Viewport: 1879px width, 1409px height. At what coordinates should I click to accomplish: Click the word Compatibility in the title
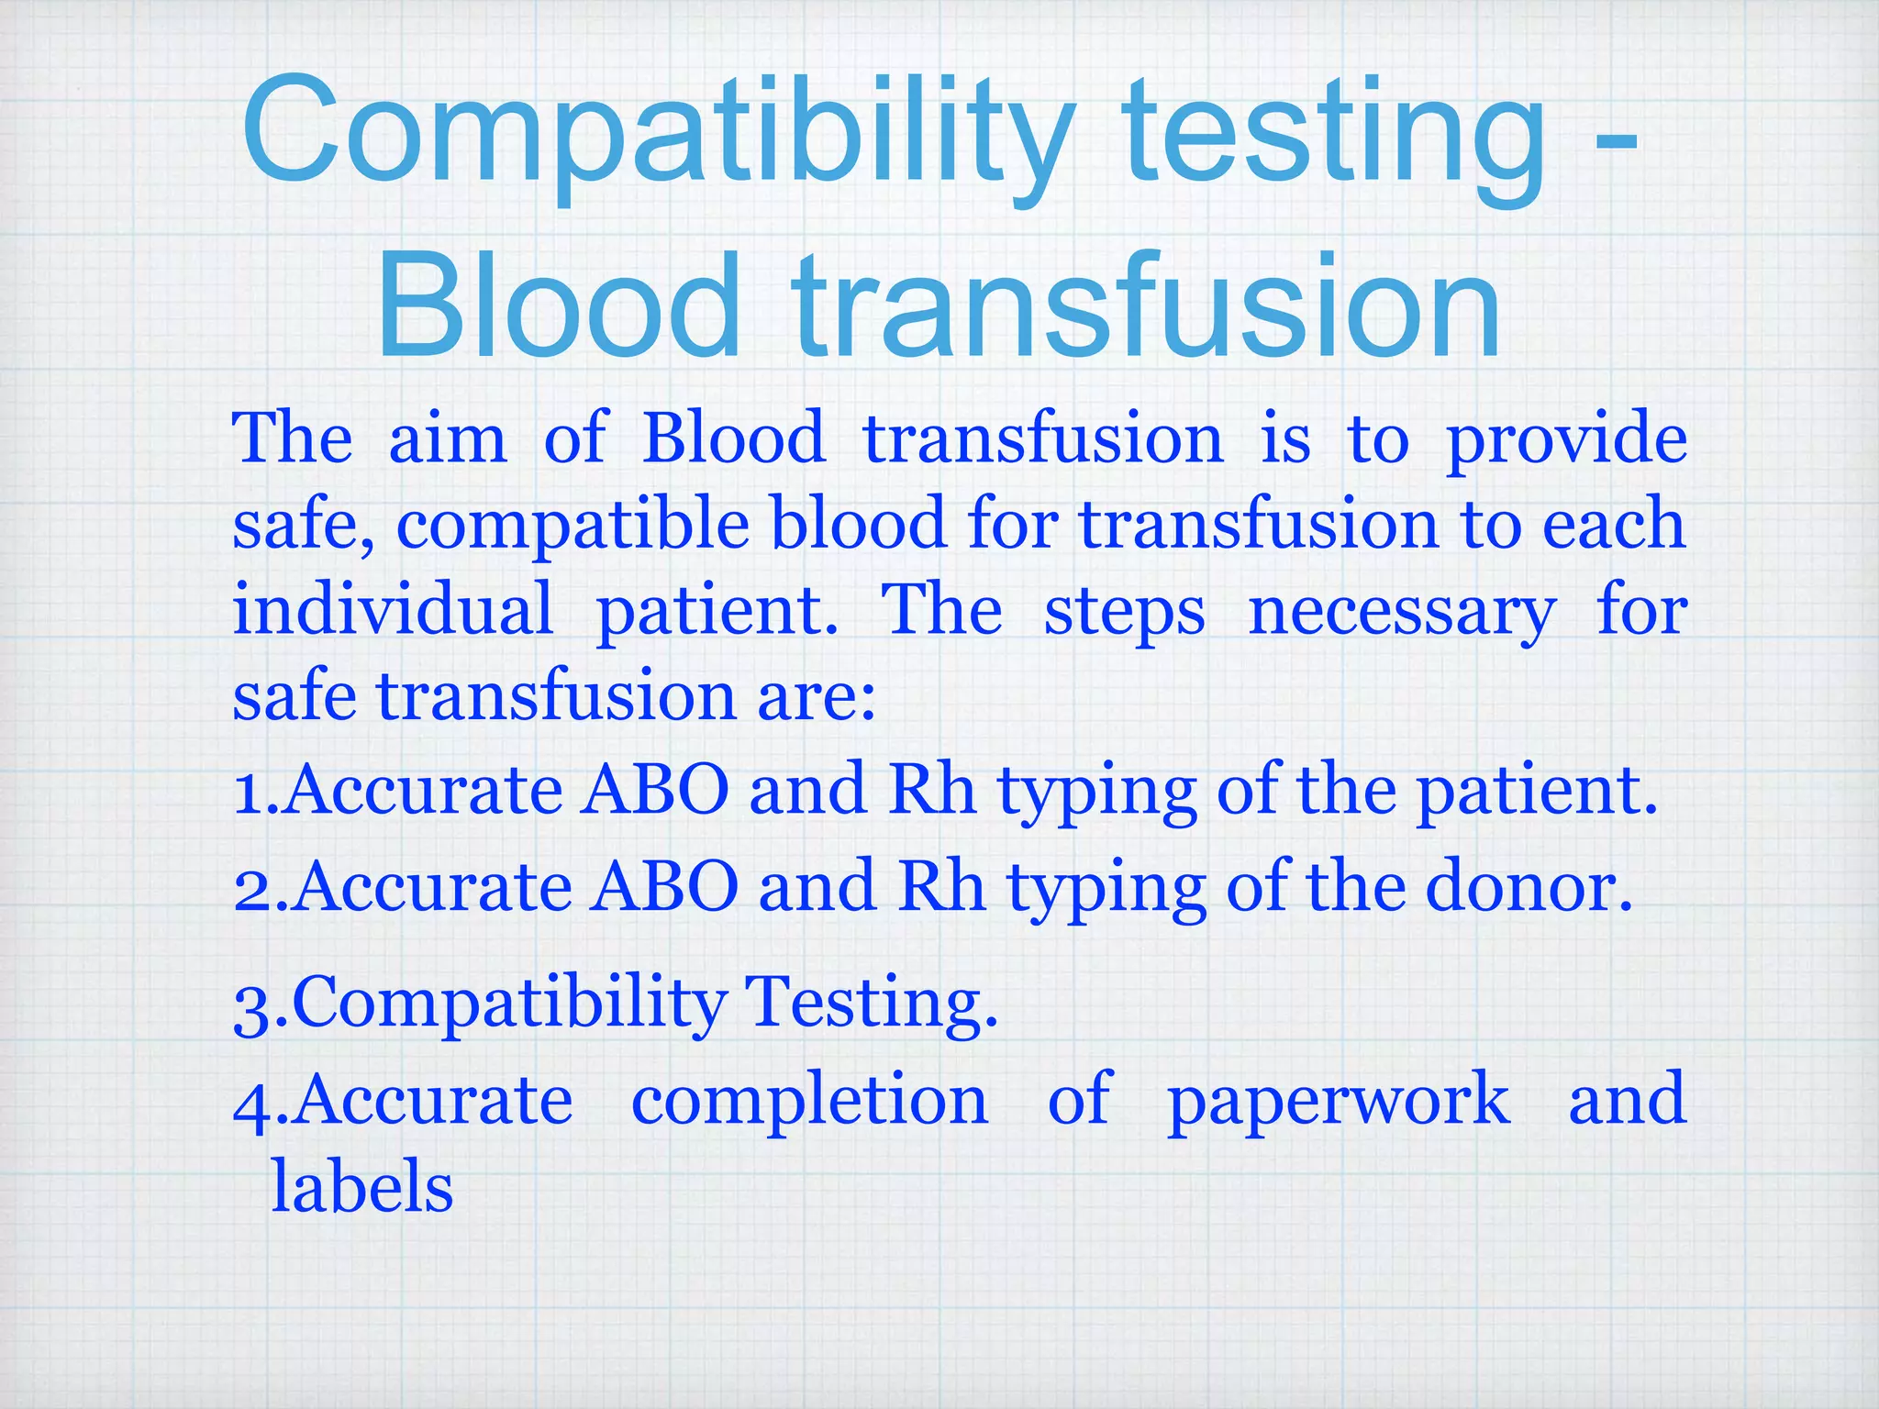[657, 133]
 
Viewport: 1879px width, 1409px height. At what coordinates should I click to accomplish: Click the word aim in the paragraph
[448, 438]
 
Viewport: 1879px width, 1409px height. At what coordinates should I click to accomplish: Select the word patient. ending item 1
[1537, 792]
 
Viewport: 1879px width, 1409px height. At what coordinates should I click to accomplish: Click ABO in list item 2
[664, 887]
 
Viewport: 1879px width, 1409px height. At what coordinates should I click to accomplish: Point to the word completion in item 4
[810, 1101]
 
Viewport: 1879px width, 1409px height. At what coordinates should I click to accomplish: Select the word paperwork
[1338, 1104]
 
